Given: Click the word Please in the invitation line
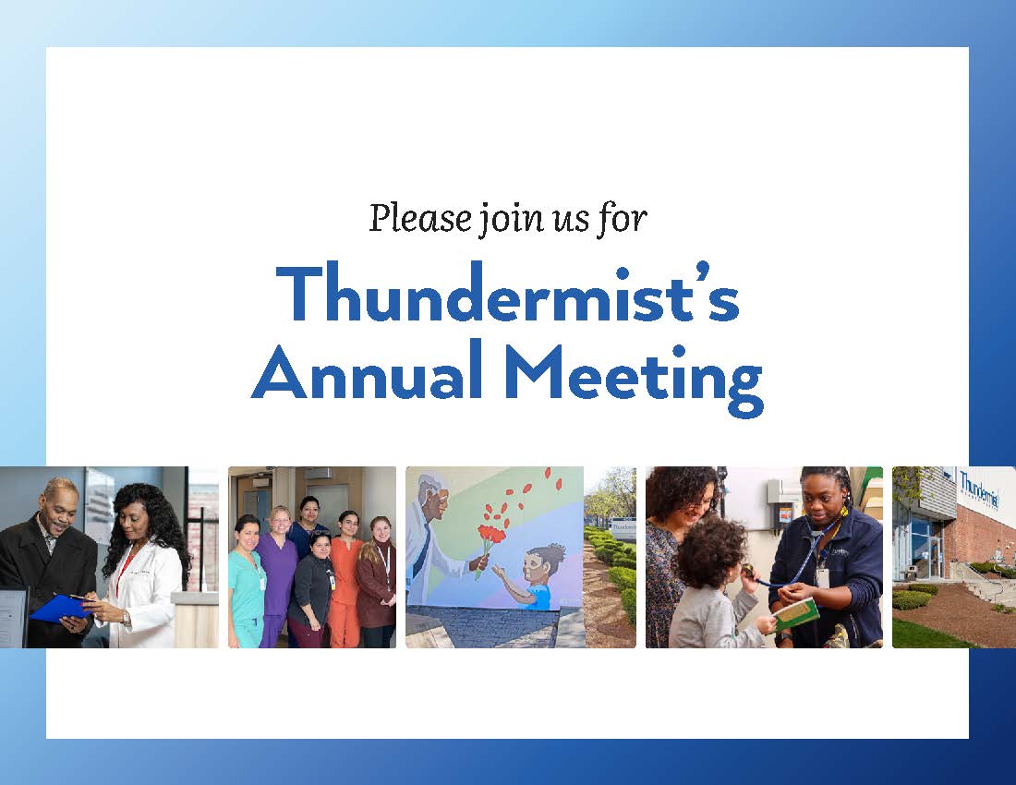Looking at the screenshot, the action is [x=420, y=218].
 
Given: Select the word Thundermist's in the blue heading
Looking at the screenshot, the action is [x=507, y=292].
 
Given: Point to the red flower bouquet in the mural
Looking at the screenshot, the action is [x=491, y=535].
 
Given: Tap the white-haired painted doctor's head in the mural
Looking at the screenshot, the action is [x=434, y=498].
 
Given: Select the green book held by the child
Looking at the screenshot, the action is [x=794, y=614].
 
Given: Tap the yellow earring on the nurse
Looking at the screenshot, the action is [x=845, y=511].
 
